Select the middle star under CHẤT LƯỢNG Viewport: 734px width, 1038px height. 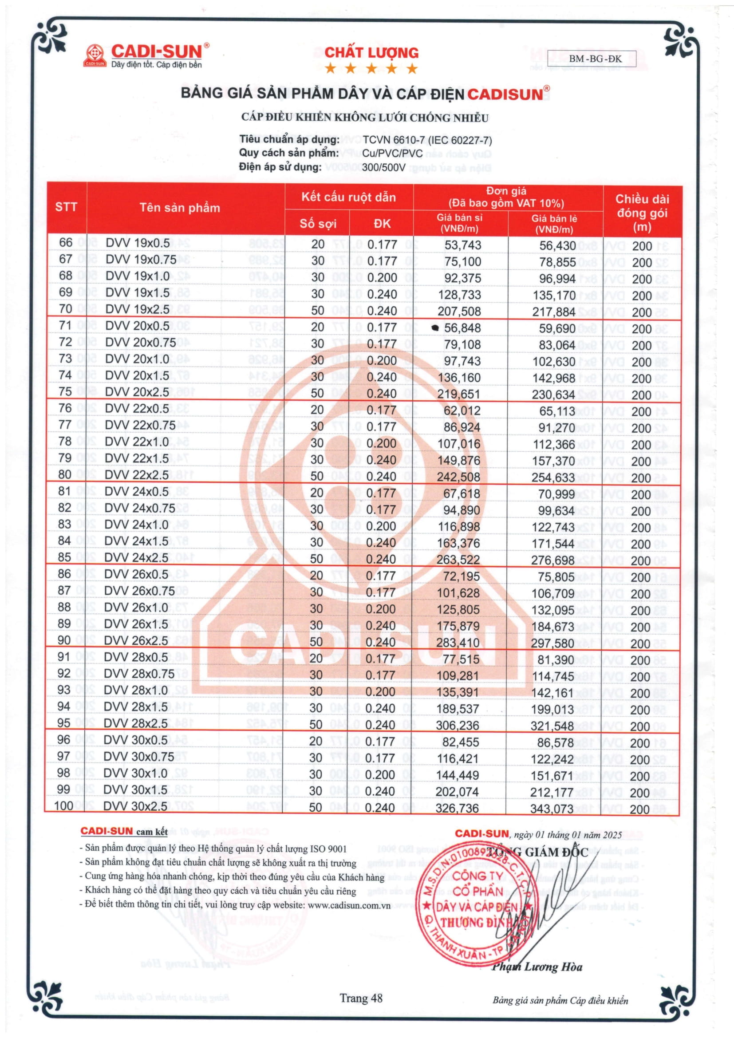[371, 69]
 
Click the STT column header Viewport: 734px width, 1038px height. [66, 207]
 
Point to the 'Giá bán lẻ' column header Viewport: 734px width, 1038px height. [554, 223]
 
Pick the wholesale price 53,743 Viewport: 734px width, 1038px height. [462, 245]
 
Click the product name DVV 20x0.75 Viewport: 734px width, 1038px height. [141, 343]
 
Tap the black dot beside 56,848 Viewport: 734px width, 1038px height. [435, 328]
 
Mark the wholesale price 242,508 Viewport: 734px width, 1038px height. [458, 477]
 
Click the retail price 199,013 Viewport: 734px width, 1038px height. [552, 709]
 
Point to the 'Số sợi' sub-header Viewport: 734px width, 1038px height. [318, 224]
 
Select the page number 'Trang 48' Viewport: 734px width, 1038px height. [361, 998]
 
